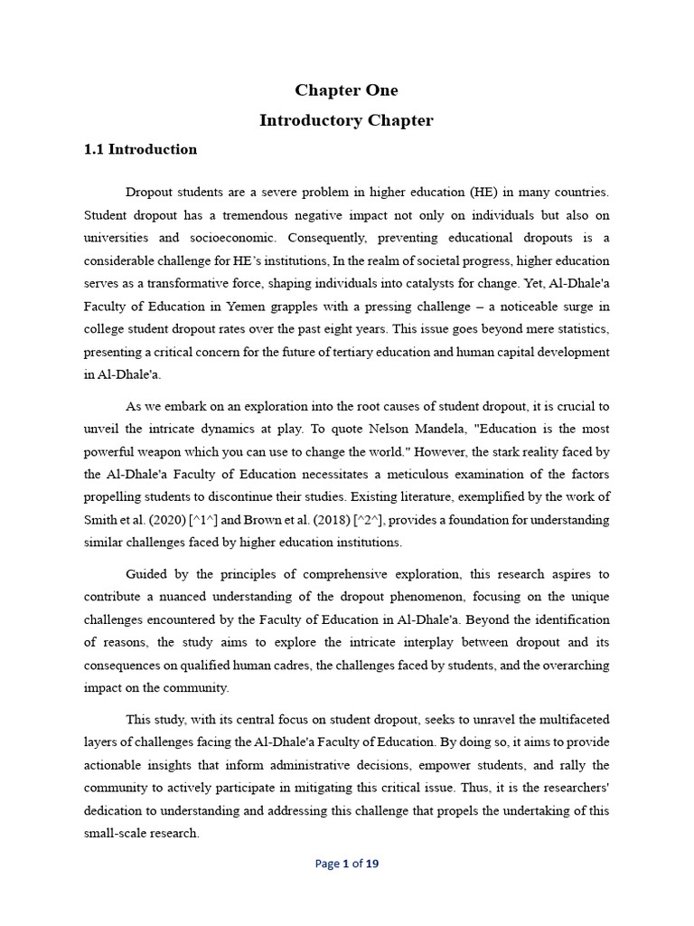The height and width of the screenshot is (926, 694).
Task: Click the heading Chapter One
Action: (x=346, y=90)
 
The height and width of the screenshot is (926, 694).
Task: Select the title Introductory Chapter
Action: (x=346, y=120)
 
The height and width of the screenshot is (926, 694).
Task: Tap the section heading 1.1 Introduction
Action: (x=140, y=149)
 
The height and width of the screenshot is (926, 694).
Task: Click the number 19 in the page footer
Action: (x=371, y=864)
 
